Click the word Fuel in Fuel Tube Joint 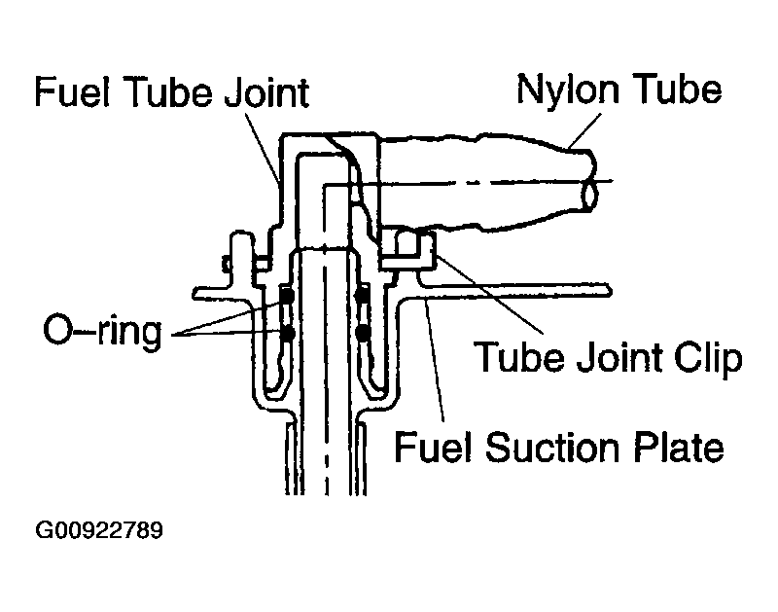(x=72, y=91)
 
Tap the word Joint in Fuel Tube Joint (x=266, y=92)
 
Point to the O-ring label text (x=103, y=332)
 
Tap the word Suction (x=552, y=448)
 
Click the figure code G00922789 (x=99, y=530)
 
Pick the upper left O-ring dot (x=288, y=296)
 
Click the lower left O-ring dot (x=288, y=334)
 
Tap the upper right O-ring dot (x=362, y=296)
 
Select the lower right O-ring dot (x=363, y=334)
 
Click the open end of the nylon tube (x=590, y=194)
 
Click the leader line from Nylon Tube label (x=584, y=131)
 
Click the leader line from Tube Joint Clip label (x=489, y=293)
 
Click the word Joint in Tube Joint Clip (x=620, y=357)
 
